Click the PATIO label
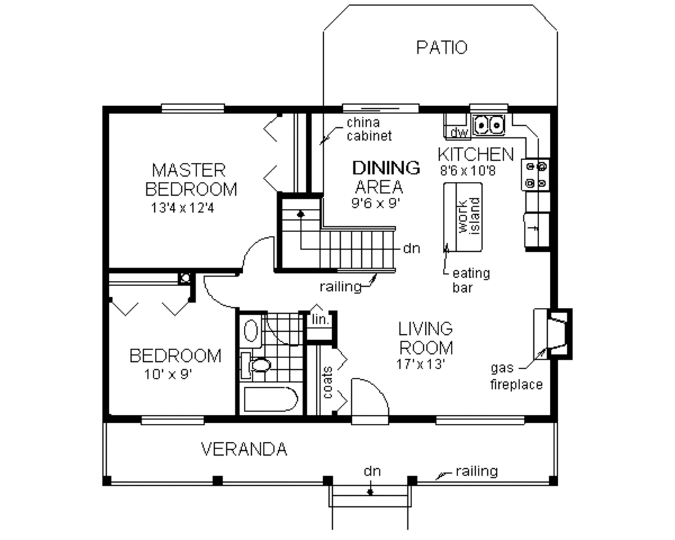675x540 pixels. pos(442,47)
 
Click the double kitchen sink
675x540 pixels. pos(488,123)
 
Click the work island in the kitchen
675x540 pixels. pos(465,216)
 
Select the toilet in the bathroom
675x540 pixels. pos(257,365)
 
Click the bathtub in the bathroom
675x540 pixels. pos(269,400)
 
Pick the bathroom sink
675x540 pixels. pos(250,329)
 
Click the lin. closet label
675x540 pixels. pos(320,320)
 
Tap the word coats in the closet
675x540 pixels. pos(328,382)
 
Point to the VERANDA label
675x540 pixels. pos(244,450)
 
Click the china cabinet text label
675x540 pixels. pos(369,129)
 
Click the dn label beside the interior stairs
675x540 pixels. pos(412,249)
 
